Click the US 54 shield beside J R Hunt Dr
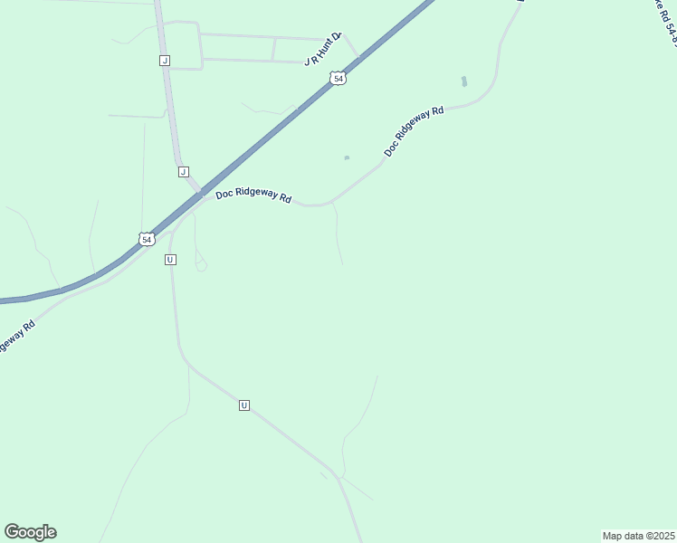coord(338,79)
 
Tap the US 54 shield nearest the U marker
coord(147,239)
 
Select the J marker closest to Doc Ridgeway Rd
coord(183,171)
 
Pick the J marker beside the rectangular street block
coord(164,61)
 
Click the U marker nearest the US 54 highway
coord(170,260)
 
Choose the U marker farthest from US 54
coord(244,405)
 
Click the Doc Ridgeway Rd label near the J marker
coord(253,196)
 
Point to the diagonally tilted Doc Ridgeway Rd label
coord(414,131)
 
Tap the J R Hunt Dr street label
coord(322,50)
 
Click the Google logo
coord(30,532)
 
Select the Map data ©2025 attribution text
coord(638,536)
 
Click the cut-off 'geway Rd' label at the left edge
coord(16,337)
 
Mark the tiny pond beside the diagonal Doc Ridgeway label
coord(347,158)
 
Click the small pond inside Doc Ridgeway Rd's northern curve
coord(463,81)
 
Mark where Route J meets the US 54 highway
coord(199,192)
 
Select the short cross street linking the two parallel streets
coord(273,49)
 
